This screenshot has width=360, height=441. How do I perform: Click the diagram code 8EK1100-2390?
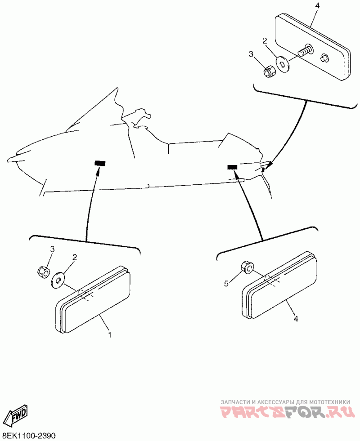29,436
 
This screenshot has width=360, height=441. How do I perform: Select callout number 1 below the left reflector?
109,334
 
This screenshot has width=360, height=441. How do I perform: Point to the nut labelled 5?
247,267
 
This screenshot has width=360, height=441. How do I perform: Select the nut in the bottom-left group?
42,271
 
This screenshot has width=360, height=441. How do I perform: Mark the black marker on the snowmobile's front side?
99,163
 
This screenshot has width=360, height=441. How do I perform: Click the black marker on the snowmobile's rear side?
232,167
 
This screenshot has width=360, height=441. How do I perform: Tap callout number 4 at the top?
318,6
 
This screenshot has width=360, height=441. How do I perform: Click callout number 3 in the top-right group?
251,54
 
